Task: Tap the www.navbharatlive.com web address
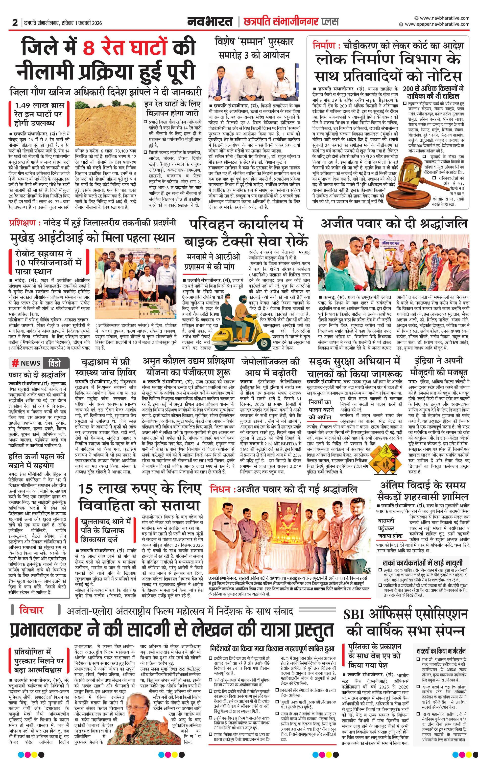tap(444, 18)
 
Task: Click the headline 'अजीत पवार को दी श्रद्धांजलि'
tap(394, 224)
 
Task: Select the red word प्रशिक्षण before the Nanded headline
tap(23, 223)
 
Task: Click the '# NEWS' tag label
tap(26, 363)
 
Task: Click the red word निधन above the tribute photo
tap(220, 489)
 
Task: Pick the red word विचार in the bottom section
tap(31, 610)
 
